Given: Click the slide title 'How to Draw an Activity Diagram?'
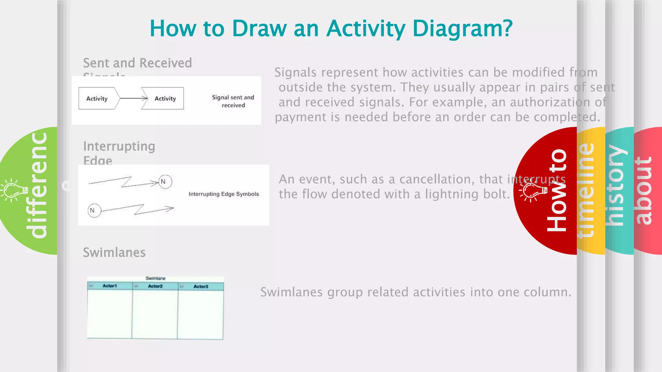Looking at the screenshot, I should tap(331, 28).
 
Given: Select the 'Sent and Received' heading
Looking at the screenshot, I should tap(137, 63).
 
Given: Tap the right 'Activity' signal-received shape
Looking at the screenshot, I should tap(164, 98).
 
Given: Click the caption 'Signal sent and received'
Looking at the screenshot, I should tap(233, 101).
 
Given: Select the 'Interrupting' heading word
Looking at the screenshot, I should tap(119, 146).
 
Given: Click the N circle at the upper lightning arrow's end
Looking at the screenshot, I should tap(165, 181).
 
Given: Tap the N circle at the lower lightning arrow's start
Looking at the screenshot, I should tap(94, 211).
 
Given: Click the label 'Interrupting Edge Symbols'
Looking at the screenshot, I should tap(224, 194).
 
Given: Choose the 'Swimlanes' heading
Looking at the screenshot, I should tap(114, 253).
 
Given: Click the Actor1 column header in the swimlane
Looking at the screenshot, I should tap(110, 286).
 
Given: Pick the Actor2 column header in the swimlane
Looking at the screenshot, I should tap(155, 286).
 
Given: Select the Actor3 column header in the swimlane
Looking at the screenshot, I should tap(201, 286).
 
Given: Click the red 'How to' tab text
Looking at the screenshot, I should tap(557, 191).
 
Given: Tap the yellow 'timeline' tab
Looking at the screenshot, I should tap(586, 191).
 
